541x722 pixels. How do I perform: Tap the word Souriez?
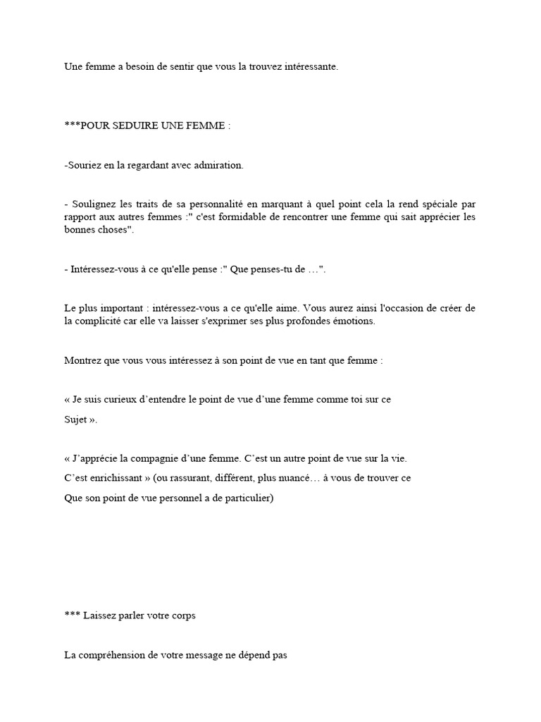pyautogui.click(x=85, y=166)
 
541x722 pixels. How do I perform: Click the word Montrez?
pyautogui.click(x=82, y=360)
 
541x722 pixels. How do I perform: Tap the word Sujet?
pyautogui.click(x=75, y=420)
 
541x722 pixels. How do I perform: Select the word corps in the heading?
pyautogui.click(x=183, y=616)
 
